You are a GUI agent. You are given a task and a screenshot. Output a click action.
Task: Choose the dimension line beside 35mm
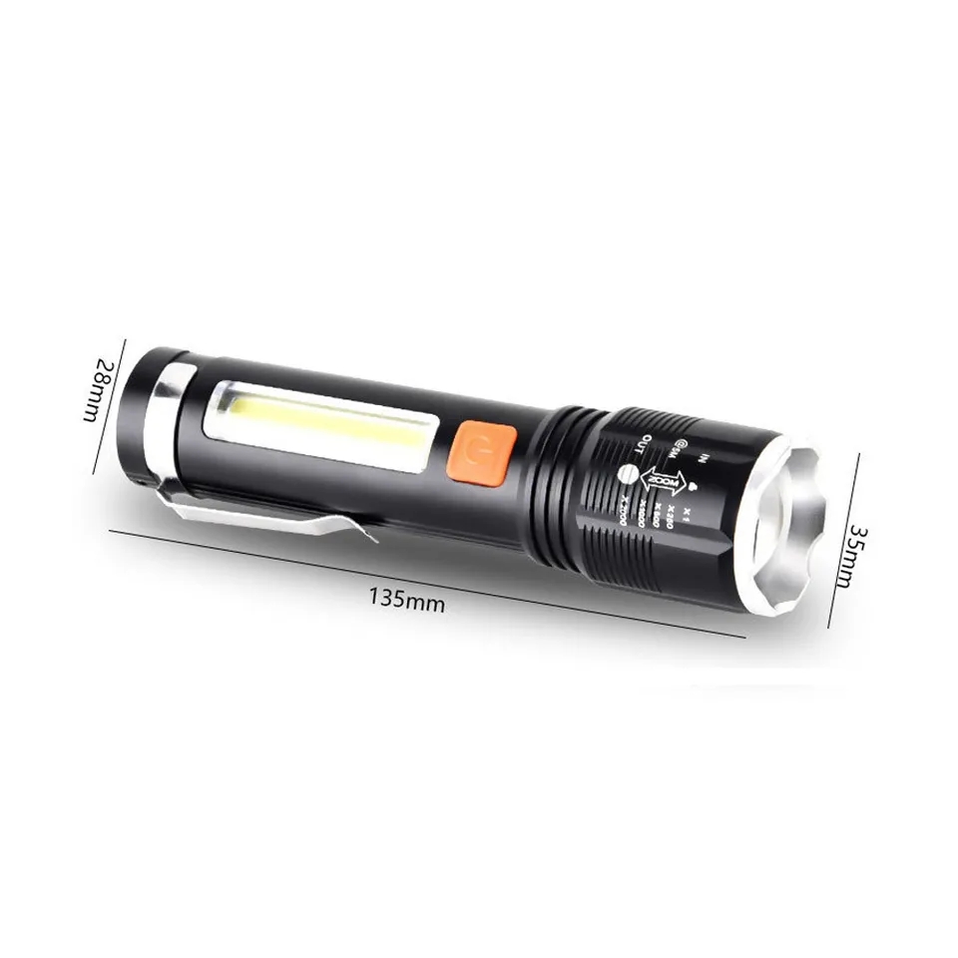tap(846, 539)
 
